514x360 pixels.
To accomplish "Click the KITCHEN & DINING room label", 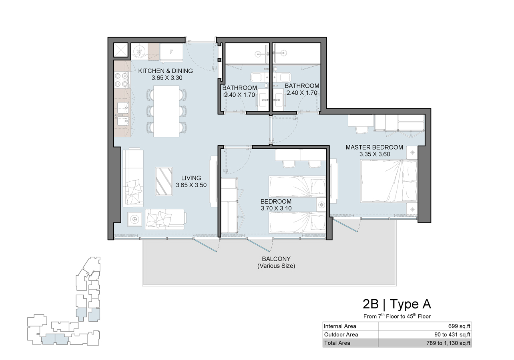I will point(165,71).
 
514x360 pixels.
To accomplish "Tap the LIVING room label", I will point(191,178).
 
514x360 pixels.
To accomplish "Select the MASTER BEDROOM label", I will point(374,147).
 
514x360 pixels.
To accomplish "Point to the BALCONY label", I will point(276,259).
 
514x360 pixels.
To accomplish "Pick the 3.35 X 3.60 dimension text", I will point(374,154).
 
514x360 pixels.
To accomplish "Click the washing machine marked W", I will point(139,51).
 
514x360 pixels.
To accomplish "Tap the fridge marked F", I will point(171,52).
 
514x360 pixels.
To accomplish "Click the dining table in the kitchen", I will point(166,111).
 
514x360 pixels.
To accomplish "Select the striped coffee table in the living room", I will point(164,181).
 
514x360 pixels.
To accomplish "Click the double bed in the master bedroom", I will point(388,182).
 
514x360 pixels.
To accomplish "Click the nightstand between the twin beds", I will point(321,204).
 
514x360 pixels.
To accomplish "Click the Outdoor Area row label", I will point(341,335).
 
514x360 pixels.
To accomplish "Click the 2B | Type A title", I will point(397,304).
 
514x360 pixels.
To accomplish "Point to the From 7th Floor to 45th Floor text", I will point(397,316).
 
